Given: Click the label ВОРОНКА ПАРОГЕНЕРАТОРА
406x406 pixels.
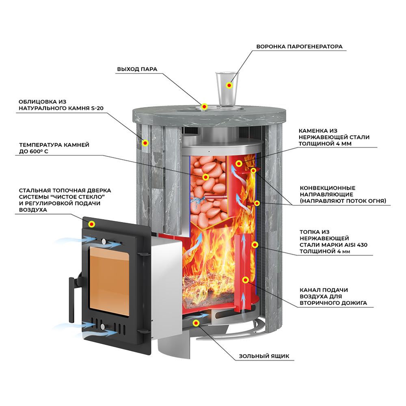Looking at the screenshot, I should (x=299, y=46).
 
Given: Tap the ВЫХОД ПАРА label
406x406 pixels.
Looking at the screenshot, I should (x=137, y=69).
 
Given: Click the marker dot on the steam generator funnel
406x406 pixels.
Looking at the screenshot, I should (x=229, y=86).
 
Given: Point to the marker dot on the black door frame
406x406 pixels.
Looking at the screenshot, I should (x=92, y=223).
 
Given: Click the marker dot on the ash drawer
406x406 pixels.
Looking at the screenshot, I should (x=197, y=323).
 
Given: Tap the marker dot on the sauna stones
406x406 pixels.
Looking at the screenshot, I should (x=205, y=177).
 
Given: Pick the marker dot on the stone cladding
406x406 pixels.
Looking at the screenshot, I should (x=145, y=143).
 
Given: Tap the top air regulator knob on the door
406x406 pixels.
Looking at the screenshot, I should (x=104, y=242).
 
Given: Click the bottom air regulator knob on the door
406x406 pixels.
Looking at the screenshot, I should (x=104, y=327).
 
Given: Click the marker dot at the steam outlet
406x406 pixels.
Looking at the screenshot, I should (x=205, y=106).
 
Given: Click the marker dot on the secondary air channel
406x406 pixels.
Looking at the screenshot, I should (x=245, y=280).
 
